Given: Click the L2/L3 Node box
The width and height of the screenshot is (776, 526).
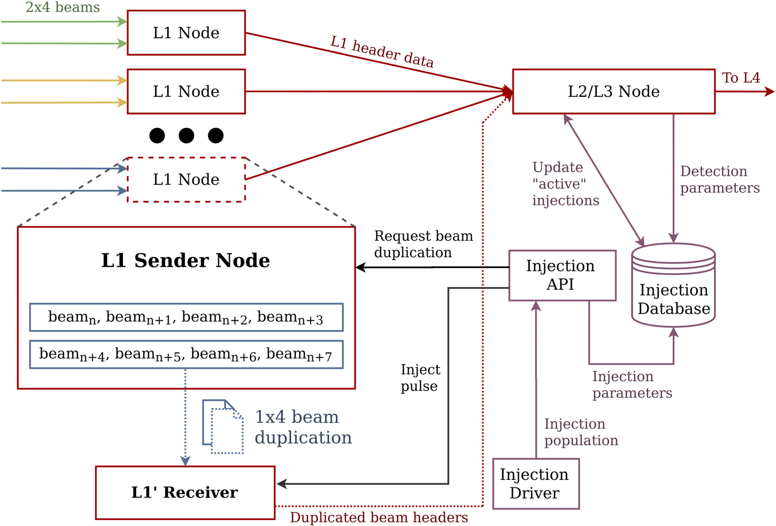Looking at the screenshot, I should click(614, 91).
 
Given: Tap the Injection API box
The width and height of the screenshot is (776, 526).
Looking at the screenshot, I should click(562, 275).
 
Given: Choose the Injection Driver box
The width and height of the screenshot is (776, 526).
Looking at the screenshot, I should click(536, 484).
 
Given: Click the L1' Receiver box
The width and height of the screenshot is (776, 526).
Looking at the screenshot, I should click(185, 492).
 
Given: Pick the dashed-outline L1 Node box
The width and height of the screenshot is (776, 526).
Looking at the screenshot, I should click(186, 179).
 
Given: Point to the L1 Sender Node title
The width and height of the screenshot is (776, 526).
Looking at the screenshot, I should click(185, 260).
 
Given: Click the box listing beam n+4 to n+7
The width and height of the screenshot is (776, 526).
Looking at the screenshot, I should click(186, 354).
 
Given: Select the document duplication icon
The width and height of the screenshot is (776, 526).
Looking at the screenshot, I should click(223, 427).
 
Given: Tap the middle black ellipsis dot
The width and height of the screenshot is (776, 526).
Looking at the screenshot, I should click(186, 136).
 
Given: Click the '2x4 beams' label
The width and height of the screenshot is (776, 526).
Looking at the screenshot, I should click(63, 7).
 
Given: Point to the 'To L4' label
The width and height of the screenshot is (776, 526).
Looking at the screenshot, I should click(741, 78).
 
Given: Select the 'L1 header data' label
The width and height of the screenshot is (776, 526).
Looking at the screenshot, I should click(382, 52).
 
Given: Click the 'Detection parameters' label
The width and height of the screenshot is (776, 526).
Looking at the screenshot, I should click(719, 180).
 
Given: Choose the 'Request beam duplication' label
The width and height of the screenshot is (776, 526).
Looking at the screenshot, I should click(423, 244).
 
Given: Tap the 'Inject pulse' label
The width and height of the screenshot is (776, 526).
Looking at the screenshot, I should click(420, 378).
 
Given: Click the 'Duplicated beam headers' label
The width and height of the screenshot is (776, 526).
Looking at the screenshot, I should click(379, 517).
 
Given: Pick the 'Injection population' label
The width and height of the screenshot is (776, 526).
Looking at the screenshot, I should click(581, 432).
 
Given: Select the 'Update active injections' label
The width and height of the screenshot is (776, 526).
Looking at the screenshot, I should click(565, 184).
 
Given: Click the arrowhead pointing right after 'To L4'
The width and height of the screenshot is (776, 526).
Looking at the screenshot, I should click(770, 91).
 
